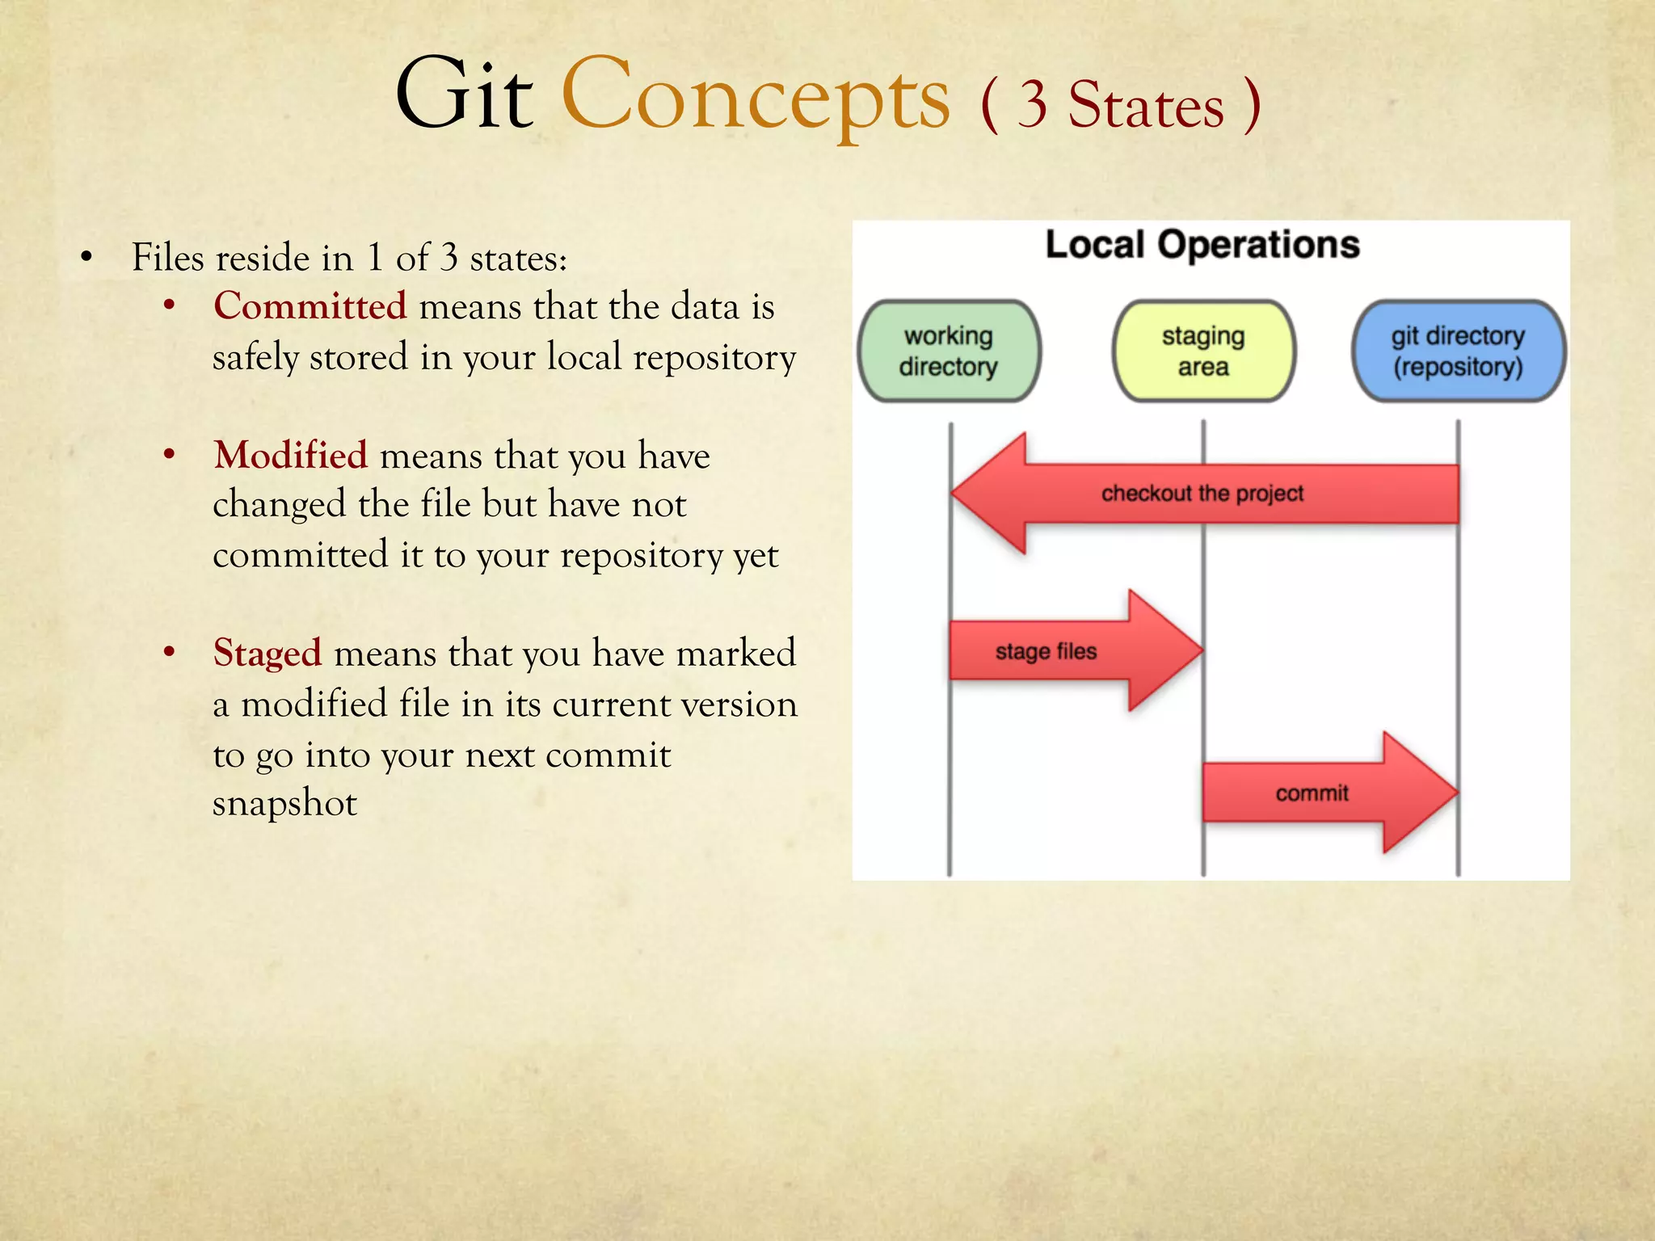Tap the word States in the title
(1146, 107)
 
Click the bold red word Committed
(310, 307)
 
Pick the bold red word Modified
(290, 456)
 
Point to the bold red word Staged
(267, 653)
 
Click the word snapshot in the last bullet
(284, 803)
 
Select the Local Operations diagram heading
(1202, 245)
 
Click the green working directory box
(949, 351)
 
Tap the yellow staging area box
(1203, 351)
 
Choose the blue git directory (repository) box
(1458, 351)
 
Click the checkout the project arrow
(1202, 494)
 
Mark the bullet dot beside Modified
(169, 455)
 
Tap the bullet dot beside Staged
(169, 652)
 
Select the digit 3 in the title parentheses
(1032, 105)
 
